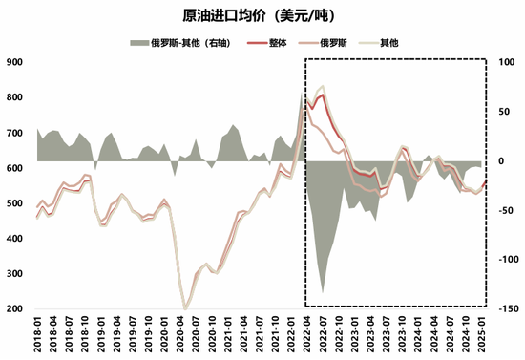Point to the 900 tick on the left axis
(x=14, y=62)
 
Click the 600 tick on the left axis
(x=14, y=168)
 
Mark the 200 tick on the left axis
(x=14, y=309)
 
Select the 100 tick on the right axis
(x=507, y=62)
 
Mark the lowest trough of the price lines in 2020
(x=184, y=307)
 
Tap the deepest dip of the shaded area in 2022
(x=323, y=292)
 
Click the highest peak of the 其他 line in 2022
(x=323, y=86)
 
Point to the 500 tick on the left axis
(x=14, y=203)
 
